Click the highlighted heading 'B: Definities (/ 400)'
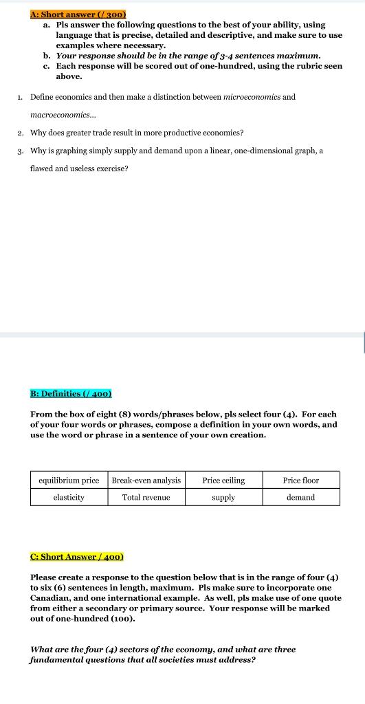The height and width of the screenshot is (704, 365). pos(71,394)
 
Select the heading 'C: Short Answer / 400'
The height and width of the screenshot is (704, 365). pos(77,556)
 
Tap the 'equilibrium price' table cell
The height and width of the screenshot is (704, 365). pos(69,480)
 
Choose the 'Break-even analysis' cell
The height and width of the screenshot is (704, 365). pos(146,480)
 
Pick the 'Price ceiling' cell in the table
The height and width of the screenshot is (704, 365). pos(223,480)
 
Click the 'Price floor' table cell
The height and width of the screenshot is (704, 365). pos(301,480)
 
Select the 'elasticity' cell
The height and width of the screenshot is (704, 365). pos(69,497)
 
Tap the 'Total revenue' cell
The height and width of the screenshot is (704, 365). pos(146,497)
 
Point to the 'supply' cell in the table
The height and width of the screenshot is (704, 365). pos(223,497)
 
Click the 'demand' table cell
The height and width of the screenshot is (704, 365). pos(301,497)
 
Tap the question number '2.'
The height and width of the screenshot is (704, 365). pos(21,133)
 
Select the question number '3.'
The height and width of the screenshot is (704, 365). pos(21,151)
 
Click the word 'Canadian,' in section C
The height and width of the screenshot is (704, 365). pos(48,598)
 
